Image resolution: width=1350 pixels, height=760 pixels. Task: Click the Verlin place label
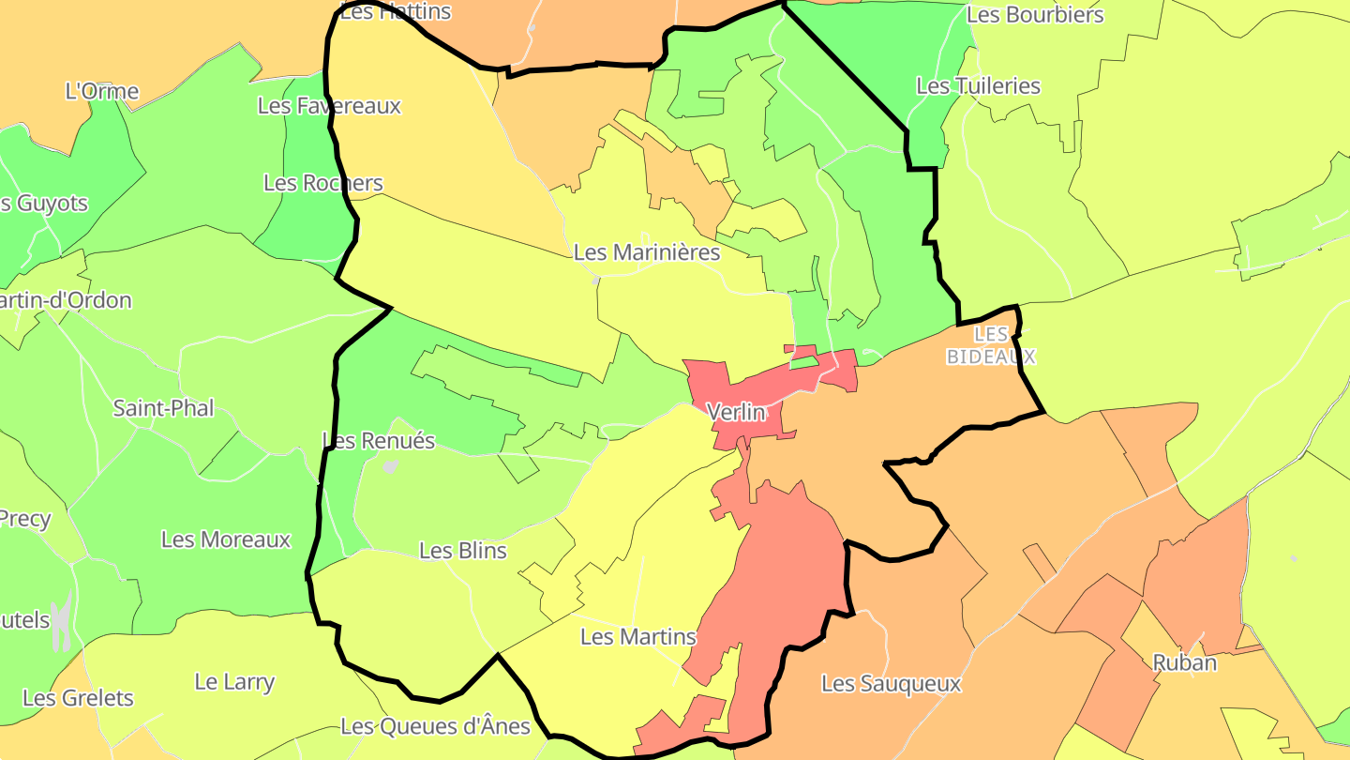click(x=736, y=412)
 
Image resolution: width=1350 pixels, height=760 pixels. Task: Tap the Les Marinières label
click(x=646, y=252)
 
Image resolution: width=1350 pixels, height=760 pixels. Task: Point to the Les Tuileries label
click(x=978, y=86)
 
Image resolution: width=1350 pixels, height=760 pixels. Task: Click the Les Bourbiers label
click(x=1034, y=15)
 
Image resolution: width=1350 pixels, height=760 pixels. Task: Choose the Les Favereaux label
click(x=329, y=106)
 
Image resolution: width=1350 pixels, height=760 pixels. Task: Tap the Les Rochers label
click(x=322, y=183)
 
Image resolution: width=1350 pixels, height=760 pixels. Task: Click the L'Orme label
click(x=102, y=92)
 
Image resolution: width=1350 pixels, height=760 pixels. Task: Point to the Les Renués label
click(x=378, y=440)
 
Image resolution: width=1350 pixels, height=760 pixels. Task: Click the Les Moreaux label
click(x=226, y=540)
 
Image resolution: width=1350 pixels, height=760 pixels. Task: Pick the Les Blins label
click(x=462, y=551)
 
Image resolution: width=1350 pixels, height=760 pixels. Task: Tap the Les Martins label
click(x=638, y=637)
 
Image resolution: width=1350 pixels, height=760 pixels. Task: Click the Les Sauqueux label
click(x=891, y=684)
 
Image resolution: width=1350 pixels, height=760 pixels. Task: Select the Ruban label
click(x=1184, y=662)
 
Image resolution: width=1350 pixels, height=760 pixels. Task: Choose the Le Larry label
click(x=234, y=682)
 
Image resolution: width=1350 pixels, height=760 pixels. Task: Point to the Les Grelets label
click(x=78, y=698)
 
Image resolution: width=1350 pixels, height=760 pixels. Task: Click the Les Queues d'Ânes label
click(x=435, y=726)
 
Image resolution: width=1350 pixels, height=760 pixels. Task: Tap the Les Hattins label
click(x=395, y=11)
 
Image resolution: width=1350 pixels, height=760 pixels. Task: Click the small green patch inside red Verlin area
click(x=803, y=361)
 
